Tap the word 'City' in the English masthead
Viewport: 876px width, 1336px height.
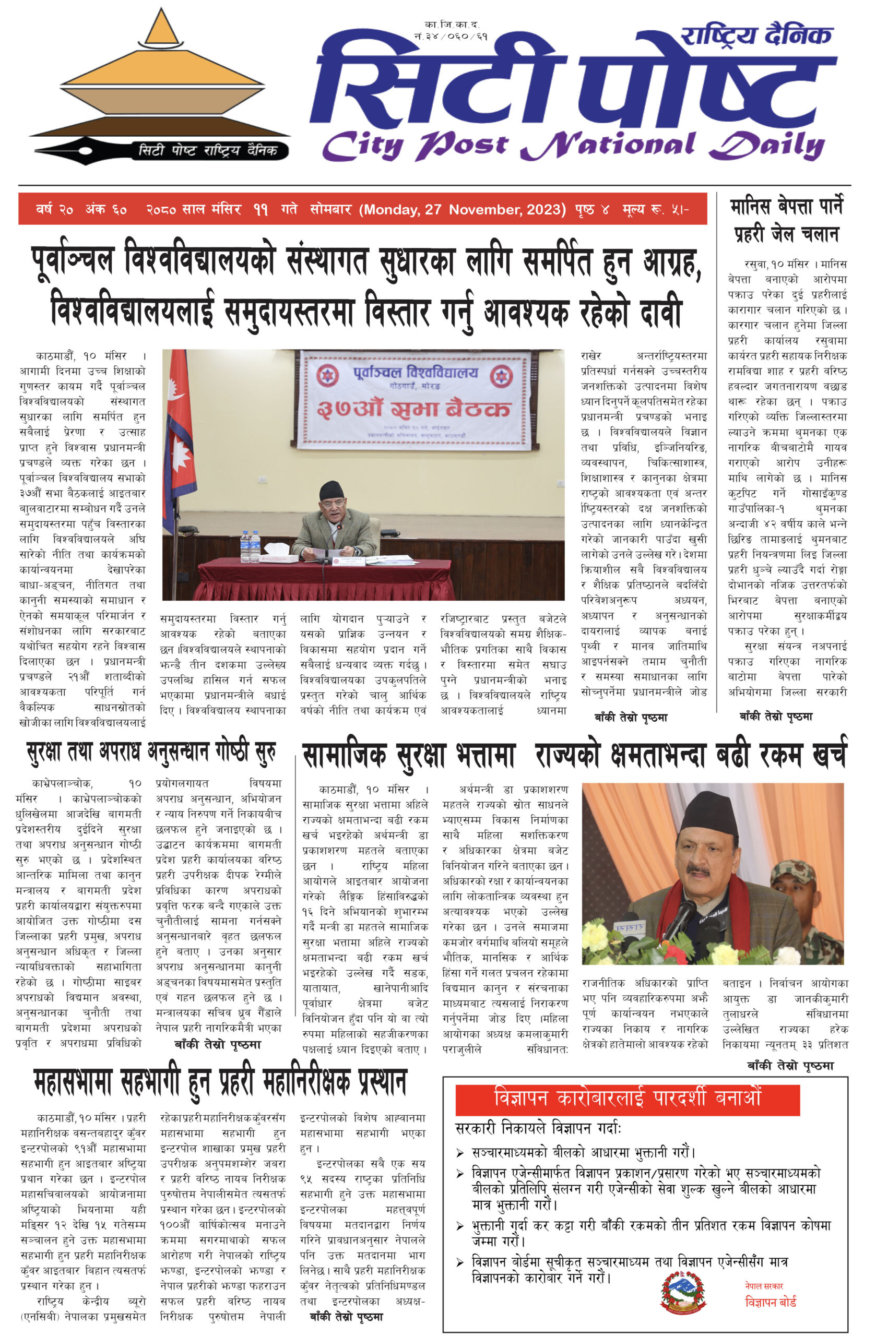tap(362, 147)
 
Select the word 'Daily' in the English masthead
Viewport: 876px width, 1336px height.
tap(766, 145)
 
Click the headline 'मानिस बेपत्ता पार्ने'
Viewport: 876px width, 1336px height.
tap(786, 207)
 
